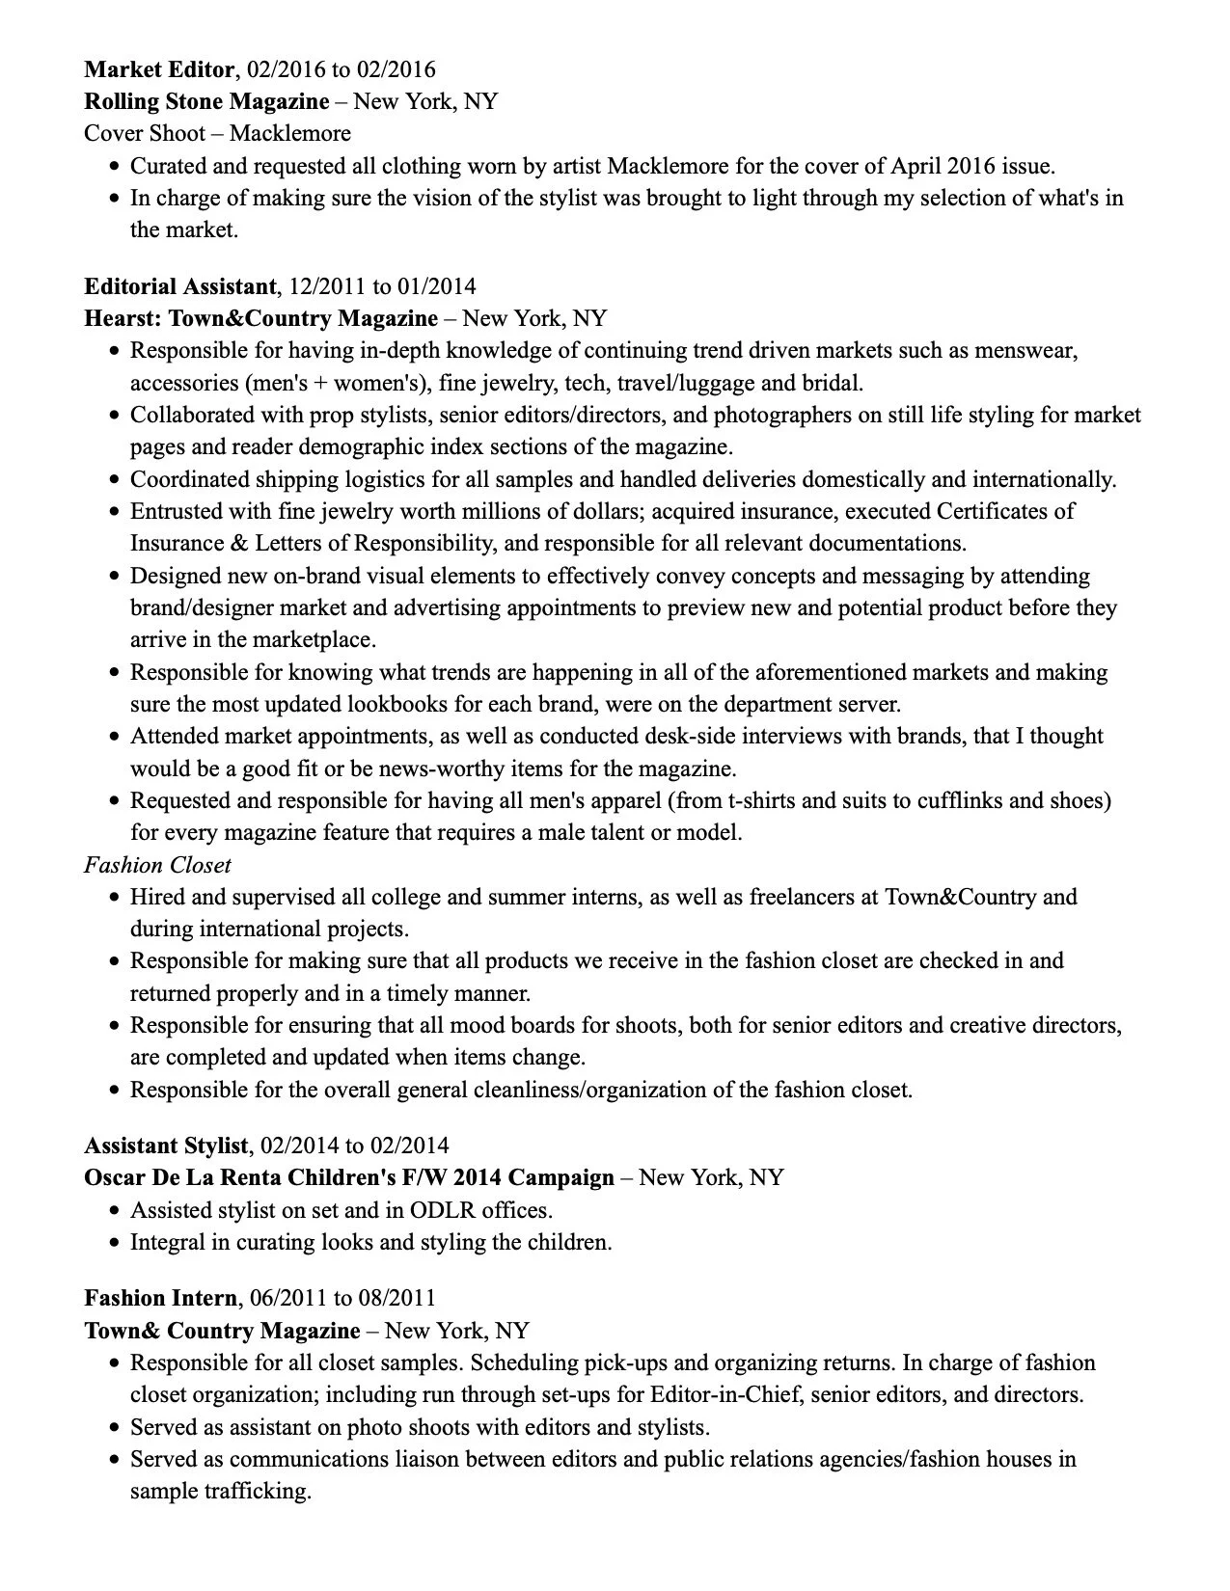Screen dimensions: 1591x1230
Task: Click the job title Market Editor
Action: click(x=159, y=69)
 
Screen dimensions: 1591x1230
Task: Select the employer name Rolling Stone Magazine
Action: click(x=206, y=101)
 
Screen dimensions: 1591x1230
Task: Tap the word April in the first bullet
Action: click(x=916, y=166)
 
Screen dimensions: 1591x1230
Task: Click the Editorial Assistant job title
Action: click(x=180, y=286)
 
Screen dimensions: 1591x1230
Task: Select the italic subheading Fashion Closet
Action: click(x=157, y=865)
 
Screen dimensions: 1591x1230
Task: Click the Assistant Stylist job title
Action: click(x=166, y=1146)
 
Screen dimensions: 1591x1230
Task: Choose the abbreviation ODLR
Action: click(x=443, y=1210)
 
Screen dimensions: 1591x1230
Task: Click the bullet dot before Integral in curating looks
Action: click(x=114, y=1243)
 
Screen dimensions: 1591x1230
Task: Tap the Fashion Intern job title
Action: click(x=160, y=1298)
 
